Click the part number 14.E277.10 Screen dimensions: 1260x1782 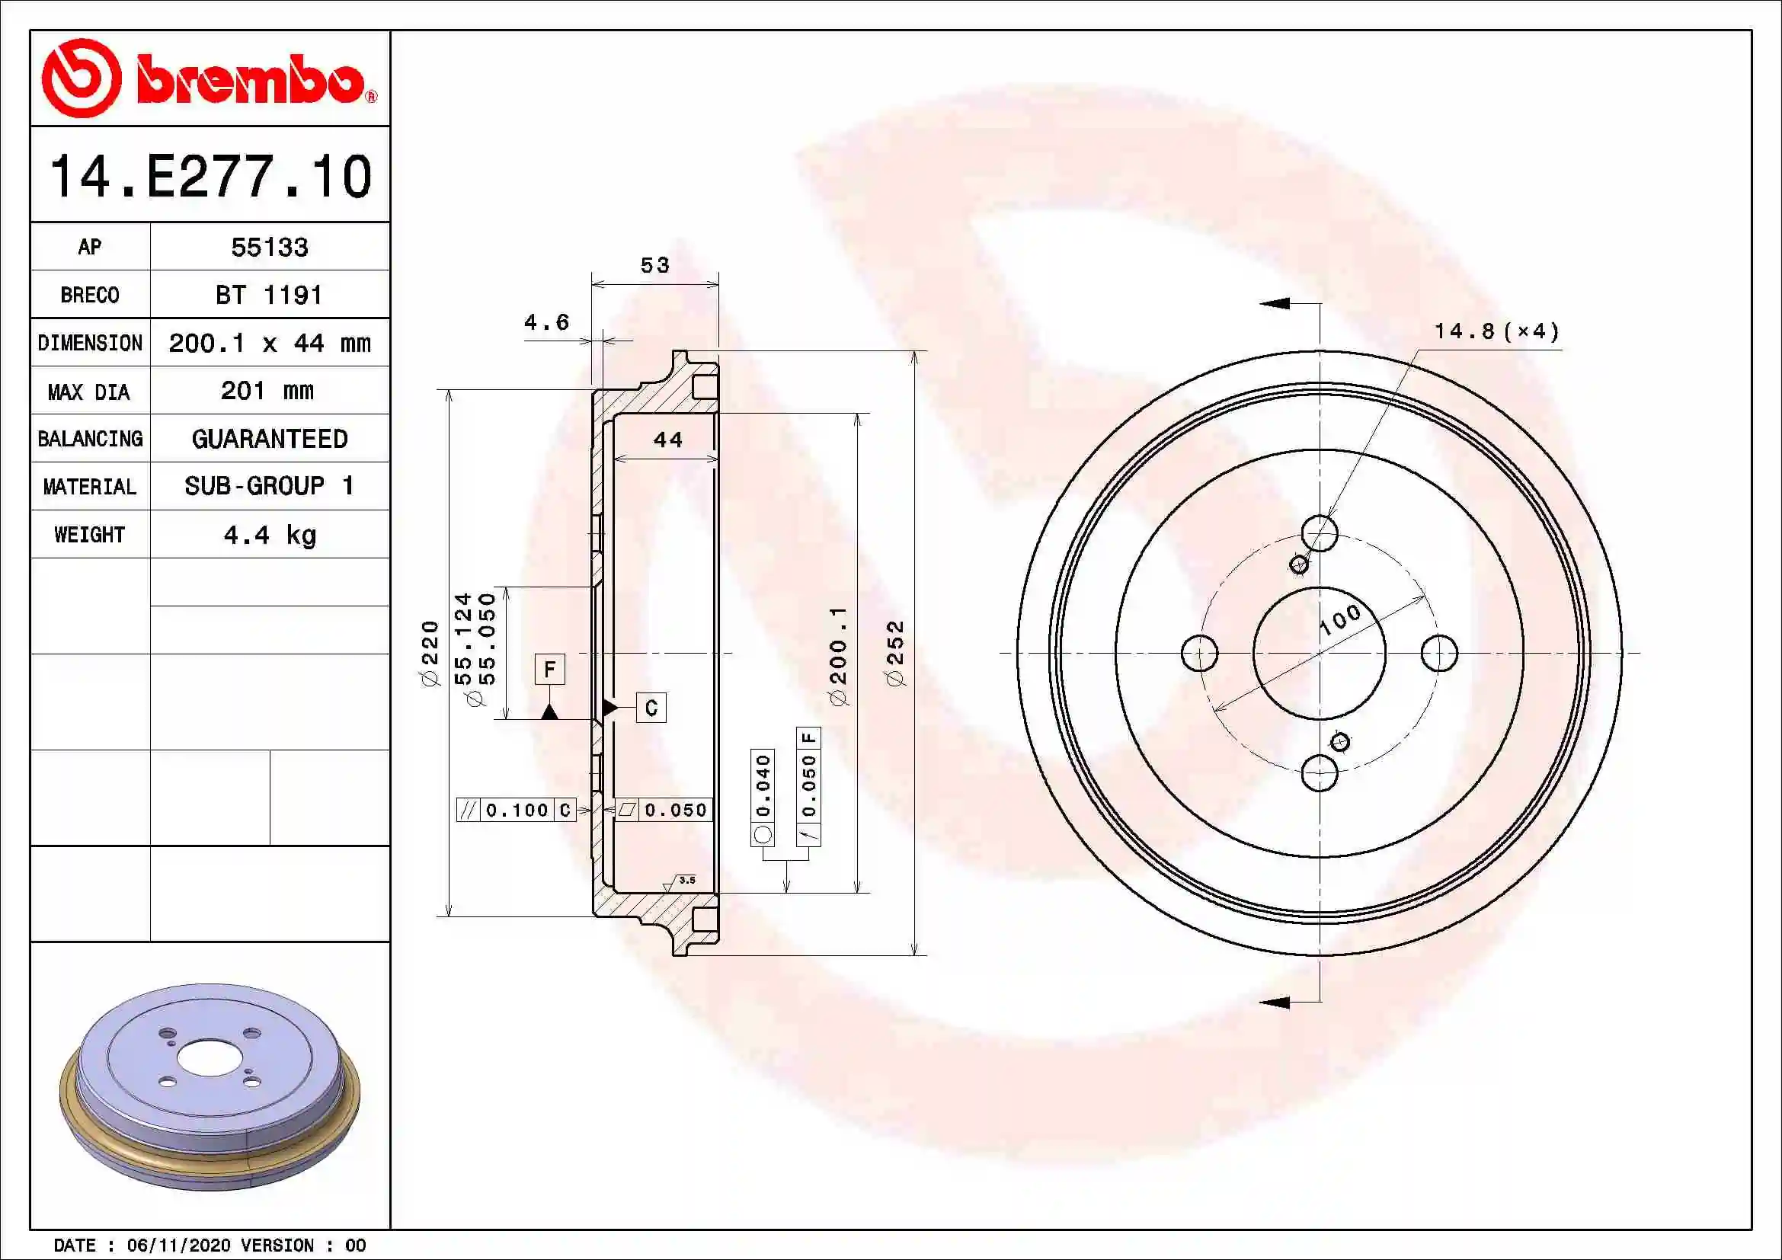click(x=210, y=176)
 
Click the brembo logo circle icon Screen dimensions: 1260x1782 click(x=81, y=78)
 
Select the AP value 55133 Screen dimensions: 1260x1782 click(x=269, y=247)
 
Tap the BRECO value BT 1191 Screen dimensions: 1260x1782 click(x=268, y=295)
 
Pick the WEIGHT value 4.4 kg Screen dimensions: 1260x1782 click(x=269, y=535)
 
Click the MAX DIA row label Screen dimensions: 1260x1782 click(x=89, y=391)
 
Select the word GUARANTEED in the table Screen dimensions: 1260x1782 click(x=269, y=438)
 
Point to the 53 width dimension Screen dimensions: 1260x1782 click(x=654, y=265)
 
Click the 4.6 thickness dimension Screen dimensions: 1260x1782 click(x=546, y=322)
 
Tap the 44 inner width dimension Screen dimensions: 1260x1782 click(x=667, y=440)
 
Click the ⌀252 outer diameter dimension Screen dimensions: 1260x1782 click(x=895, y=652)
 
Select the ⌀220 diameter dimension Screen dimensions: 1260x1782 click(x=430, y=652)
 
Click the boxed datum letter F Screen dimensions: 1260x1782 click(x=549, y=669)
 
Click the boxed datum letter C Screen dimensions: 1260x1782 click(x=651, y=708)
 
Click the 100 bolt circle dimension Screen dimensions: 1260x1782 click(x=1340, y=619)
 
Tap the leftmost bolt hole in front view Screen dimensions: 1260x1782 click(x=1199, y=653)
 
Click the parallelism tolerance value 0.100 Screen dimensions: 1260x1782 click(x=517, y=810)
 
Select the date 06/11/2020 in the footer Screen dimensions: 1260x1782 click(x=178, y=1246)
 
